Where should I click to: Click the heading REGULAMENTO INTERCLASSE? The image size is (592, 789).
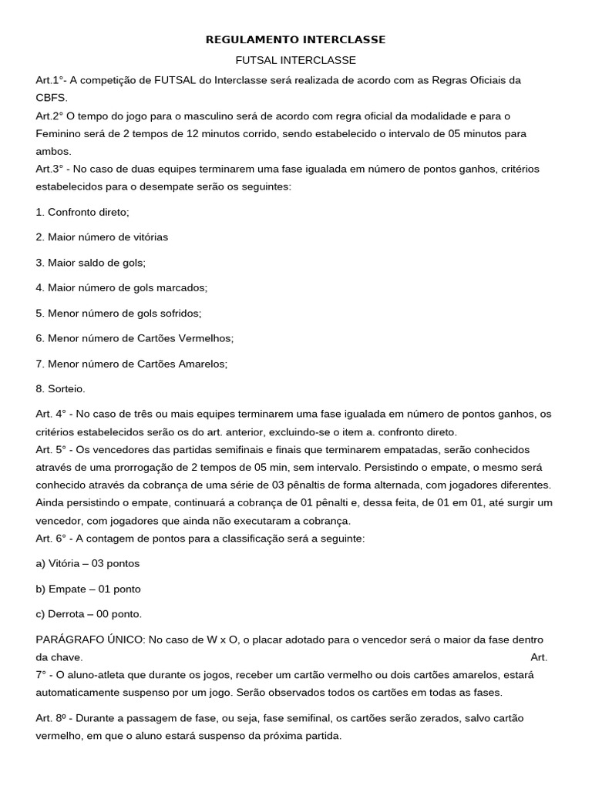click(295, 39)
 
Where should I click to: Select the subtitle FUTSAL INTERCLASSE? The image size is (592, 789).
click(295, 60)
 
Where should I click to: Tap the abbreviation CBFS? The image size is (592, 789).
click(52, 98)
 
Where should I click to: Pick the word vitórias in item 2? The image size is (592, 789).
click(146, 237)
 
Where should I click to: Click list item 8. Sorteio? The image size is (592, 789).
click(61, 389)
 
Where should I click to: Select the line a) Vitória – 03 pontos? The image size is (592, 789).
click(88, 563)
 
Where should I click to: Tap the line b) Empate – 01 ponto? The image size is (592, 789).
click(89, 589)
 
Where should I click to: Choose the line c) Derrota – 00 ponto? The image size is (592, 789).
click(89, 614)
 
